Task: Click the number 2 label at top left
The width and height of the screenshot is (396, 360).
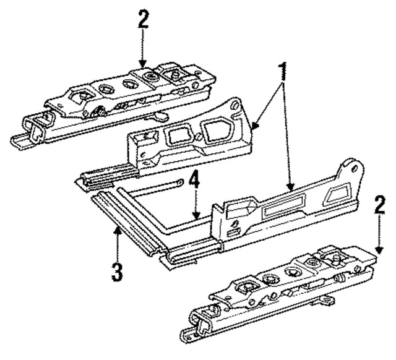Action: (x=144, y=19)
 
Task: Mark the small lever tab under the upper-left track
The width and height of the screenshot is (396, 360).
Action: (x=160, y=115)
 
